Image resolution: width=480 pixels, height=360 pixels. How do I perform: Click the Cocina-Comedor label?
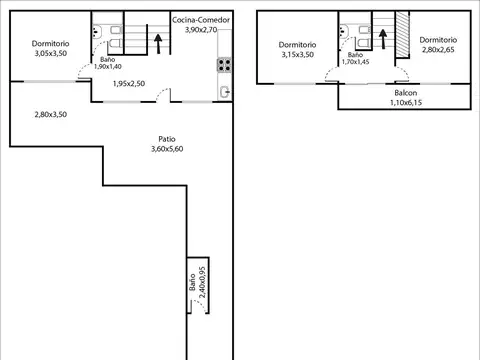[x=200, y=19]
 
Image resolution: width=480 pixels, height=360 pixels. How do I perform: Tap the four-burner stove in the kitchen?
[x=225, y=67]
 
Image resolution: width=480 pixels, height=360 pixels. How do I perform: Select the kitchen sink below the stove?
[x=226, y=91]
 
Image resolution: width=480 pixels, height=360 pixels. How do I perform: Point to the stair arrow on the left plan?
[x=156, y=39]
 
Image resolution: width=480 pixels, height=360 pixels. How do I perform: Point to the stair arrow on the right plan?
[x=382, y=36]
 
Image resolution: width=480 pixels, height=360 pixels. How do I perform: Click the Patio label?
[x=168, y=138]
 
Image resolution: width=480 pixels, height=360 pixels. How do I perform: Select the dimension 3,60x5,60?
[x=168, y=149]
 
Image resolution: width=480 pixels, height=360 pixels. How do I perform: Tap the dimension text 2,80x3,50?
[x=50, y=115]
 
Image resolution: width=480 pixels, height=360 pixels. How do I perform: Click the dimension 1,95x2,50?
[x=129, y=83]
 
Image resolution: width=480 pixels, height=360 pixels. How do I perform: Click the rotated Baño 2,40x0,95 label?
[x=197, y=288]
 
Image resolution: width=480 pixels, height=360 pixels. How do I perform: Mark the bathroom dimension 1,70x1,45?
[x=355, y=62]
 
